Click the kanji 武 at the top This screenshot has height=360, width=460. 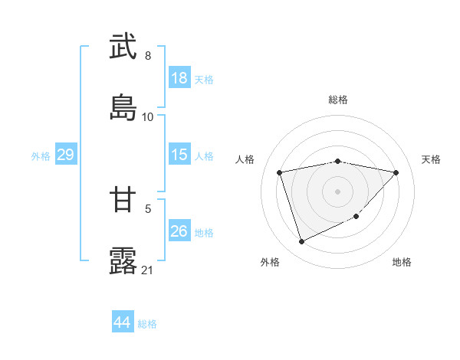(123, 47)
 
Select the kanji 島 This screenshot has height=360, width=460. (123, 107)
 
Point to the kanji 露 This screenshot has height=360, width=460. (123, 260)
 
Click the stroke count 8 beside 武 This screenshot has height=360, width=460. (148, 56)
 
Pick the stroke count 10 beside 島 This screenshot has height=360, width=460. (148, 116)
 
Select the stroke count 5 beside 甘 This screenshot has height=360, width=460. (148, 208)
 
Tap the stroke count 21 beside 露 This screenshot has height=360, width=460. (148, 270)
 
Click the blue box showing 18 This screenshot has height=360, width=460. (179, 78)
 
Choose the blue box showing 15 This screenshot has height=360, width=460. (179, 155)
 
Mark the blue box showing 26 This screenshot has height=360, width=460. (179, 231)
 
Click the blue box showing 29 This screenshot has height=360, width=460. (65, 155)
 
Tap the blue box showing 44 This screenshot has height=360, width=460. (123, 322)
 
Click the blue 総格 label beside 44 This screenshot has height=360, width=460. (147, 324)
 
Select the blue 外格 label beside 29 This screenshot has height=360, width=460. (41, 156)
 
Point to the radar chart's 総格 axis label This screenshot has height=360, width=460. (337, 100)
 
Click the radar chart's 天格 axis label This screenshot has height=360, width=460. (432, 159)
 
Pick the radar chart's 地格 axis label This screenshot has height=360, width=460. (402, 262)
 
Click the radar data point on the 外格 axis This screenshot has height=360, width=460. (301, 241)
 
